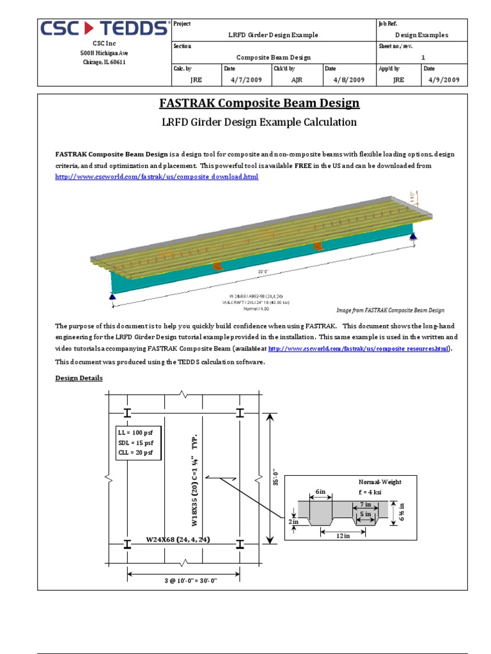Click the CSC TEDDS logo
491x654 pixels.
click(x=105, y=29)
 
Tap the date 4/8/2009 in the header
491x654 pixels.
click(x=348, y=80)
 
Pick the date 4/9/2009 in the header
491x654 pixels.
click(x=444, y=80)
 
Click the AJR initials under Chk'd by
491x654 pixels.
click(x=297, y=80)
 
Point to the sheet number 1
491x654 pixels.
click(x=423, y=57)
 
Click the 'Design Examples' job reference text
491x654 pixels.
click(x=421, y=35)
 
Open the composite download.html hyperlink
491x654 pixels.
click(x=157, y=176)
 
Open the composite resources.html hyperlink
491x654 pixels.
click(x=359, y=349)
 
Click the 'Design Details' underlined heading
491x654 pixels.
click(x=79, y=378)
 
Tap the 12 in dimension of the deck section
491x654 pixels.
click(x=343, y=536)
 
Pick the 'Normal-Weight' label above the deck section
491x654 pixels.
click(x=380, y=482)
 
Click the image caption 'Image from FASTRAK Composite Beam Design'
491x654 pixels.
click(x=390, y=310)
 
